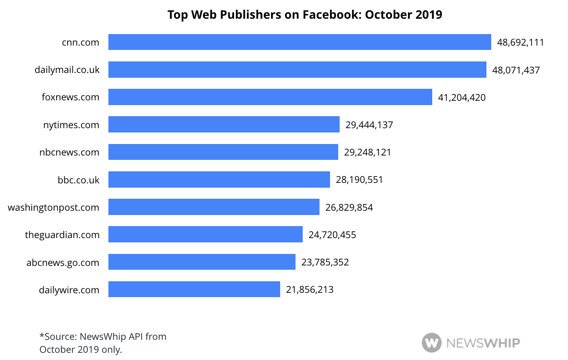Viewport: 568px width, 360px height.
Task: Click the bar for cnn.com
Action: tap(299, 42)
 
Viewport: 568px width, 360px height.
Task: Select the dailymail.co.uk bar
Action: tap(297, 70)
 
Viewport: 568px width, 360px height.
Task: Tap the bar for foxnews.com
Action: tap(270, 97)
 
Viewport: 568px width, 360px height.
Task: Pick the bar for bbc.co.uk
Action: tap(219, 180)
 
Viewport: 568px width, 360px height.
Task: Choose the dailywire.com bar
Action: tap(194, 289)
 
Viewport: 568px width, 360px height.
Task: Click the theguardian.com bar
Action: tap(205, 235)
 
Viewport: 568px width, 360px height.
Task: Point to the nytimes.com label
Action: tap(71, 125)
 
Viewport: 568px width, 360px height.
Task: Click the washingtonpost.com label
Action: tap(54, 207)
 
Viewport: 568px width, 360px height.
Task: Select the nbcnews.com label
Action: tap(70, 152)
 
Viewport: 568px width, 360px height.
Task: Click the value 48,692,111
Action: tap(521, 42)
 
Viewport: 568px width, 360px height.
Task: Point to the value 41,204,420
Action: tap(461, 97)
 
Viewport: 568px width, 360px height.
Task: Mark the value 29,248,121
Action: tap(367, 152)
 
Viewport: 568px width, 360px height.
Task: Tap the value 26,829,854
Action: tap(349, 207)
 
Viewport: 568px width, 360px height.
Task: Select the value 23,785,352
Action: tap(325, 262)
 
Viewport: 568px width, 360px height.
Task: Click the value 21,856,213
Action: tap(309, 289)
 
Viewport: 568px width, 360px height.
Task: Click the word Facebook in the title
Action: tap(331, 15)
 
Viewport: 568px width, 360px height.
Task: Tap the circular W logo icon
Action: tap(431, 343)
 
